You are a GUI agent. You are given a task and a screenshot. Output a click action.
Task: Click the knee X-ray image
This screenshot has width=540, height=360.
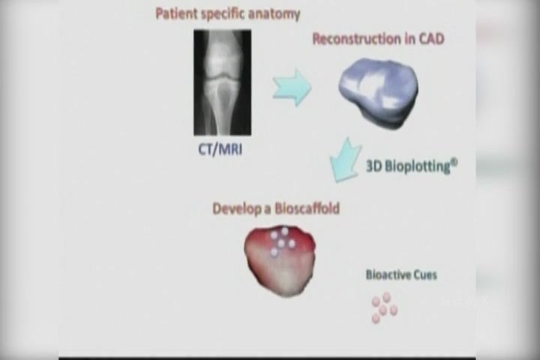click(223, 82)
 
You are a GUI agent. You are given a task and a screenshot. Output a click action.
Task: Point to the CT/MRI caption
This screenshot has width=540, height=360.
click(220, 149)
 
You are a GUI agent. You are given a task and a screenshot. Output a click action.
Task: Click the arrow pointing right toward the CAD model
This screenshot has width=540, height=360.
click(292, 87)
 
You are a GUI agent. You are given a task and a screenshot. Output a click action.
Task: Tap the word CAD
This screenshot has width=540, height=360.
click(431, 38)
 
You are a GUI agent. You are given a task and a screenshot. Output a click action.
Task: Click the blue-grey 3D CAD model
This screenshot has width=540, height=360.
click(379, 92)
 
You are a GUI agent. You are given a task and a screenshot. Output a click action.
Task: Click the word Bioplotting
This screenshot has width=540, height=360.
click(418, 166)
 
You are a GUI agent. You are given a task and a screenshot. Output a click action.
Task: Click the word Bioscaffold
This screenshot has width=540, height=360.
click(307, 208)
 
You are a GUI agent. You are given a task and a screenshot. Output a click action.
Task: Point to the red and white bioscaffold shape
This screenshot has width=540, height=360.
click(280, 261)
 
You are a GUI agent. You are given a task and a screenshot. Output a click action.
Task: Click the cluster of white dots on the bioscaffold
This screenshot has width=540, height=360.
click(282, 241)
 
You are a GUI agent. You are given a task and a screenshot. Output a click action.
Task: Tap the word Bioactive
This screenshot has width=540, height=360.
click(388, 275)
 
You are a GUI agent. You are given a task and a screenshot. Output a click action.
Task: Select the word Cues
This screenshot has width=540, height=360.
click(425, 275)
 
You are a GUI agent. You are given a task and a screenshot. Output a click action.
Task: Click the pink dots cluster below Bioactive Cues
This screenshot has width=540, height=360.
click(384, 307)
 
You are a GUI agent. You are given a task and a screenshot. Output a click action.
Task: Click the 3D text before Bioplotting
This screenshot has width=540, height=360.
click(373, 166)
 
